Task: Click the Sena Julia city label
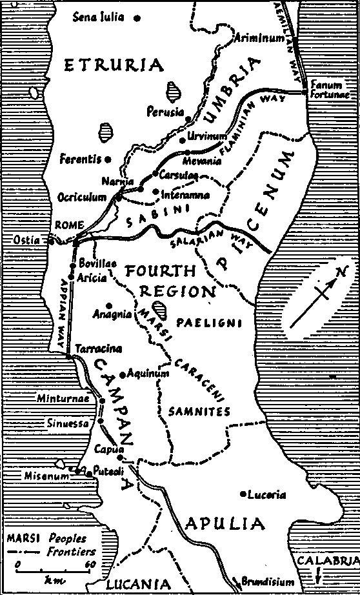pos(99,17)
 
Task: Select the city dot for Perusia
pos(188,119)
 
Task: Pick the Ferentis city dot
pos(108,159)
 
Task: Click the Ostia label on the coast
pos(26,240)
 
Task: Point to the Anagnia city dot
pos(110,305)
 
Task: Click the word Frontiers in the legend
pos(70,552)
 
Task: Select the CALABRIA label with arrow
pos(328,561)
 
